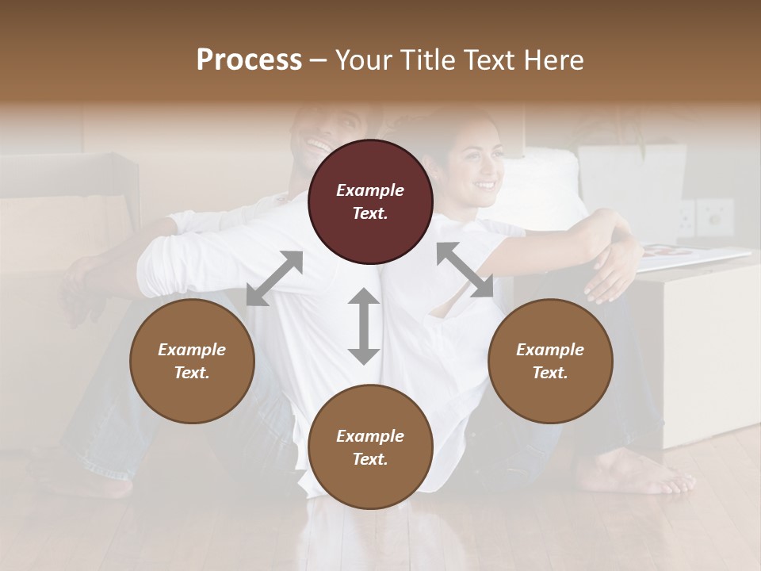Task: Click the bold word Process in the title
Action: point(249,60)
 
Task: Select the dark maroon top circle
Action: point(370,202)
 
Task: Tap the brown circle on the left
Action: point(192,362)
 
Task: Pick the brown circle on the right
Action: point(550,362)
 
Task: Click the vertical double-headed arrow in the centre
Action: point(364,326)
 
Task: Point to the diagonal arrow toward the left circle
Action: point(274,278)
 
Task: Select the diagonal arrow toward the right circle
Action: point(465,270)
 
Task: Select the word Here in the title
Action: point(554,60)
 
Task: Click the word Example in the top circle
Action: point(370,190)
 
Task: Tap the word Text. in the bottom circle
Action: point(370,459)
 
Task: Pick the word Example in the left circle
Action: point(192,350)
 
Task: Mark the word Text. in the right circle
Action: point(550,373)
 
